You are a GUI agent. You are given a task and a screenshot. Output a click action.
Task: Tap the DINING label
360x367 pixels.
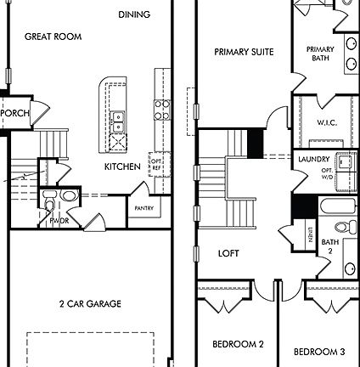point(134,14)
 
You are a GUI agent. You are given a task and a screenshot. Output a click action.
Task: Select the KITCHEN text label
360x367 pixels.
point(123,167)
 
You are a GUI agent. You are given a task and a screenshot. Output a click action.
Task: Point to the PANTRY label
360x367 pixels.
point(143,207)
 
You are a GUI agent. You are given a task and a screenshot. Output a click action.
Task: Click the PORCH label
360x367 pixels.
point(14,113)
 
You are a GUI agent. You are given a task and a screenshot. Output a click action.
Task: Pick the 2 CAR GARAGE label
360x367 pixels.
point(90,303)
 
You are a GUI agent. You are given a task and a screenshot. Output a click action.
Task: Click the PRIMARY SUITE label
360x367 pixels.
point(244,52)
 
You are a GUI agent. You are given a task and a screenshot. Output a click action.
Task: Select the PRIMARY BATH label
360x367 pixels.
point(320,54)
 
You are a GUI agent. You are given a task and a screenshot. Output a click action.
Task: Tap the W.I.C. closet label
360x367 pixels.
point(328,122)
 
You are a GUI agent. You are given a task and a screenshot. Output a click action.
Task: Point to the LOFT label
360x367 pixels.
point(228,253)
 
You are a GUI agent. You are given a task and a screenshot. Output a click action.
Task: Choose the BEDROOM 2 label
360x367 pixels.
point(238,344)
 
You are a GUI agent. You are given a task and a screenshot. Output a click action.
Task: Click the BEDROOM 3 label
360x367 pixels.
point(319,351)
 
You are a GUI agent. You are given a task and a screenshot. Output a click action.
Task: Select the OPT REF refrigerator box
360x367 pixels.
point(155,161)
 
